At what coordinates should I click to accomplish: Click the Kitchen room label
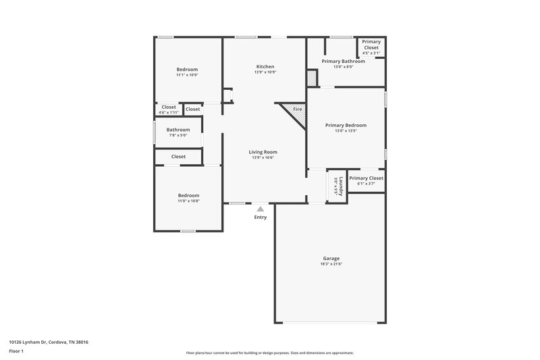265,66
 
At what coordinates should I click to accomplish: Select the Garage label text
331,259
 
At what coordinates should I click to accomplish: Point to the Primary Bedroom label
346,125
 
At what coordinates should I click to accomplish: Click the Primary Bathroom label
343,61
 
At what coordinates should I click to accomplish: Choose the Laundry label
342,186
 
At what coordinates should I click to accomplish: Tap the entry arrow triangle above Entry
261,209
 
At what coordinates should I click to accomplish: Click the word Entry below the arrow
261,217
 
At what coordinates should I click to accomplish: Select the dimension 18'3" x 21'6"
331,264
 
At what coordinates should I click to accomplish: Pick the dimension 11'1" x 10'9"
187,74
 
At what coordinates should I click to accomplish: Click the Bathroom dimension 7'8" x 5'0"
178,135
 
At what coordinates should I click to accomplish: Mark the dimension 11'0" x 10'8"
188,201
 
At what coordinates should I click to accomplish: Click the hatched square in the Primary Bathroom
312,78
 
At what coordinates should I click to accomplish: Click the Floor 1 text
17,352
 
